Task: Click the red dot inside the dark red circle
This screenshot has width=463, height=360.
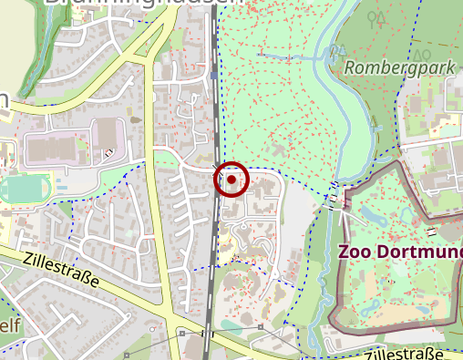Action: tap(231, 180)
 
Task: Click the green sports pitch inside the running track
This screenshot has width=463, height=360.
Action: tap(18, 190)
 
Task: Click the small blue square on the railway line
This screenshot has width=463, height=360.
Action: tap(213, 77)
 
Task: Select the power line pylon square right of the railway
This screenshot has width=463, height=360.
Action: tap(261, 326)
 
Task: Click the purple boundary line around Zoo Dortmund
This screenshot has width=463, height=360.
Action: tap(331, 273)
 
